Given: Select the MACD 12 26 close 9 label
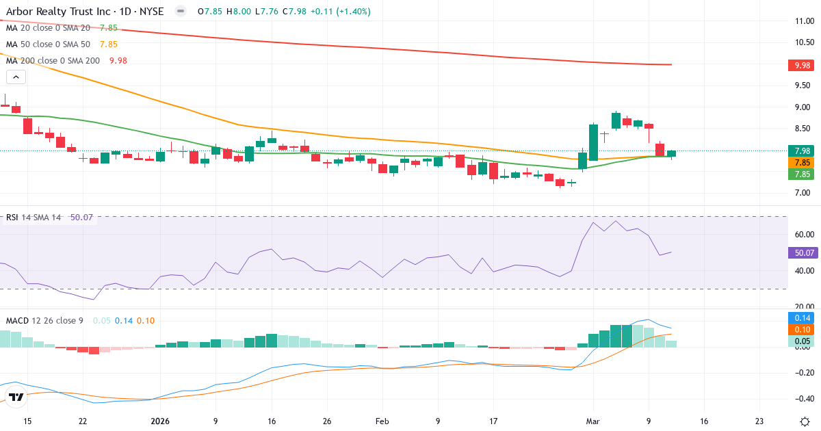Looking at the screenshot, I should click(x=45, y=320).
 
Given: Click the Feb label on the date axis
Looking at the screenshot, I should click(x=382, y=421).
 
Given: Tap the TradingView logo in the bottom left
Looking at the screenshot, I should click(x=16, y=397).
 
